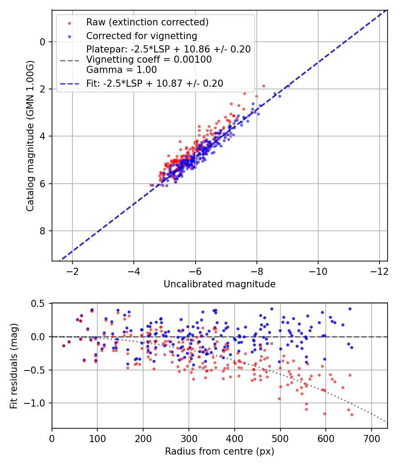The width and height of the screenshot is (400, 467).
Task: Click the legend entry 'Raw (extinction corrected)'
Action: (147, 22)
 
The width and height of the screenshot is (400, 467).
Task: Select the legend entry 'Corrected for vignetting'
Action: (141, 36)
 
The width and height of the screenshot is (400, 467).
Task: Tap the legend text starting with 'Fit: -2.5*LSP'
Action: (155, 83)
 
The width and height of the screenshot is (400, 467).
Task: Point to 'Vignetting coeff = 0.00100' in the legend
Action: (149, 60)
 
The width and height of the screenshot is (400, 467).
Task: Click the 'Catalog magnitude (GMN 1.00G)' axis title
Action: (30, 135)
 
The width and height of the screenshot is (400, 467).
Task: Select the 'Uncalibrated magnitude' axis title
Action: (220, 284)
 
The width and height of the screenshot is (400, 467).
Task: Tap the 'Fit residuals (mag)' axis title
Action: (14, 366)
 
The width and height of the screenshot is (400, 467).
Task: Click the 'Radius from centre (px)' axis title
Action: (220, 451)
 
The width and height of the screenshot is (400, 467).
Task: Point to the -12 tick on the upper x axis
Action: (379, 271)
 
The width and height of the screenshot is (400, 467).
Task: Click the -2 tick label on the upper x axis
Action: (72, 271)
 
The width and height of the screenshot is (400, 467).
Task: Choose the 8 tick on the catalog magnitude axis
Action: (43, 231)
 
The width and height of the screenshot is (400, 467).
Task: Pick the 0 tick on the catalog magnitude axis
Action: (43, 42)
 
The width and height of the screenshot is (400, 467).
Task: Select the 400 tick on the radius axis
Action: (235, 438)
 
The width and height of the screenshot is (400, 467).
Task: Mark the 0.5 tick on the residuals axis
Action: (37, 303)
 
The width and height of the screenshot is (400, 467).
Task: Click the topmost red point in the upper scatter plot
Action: (264, 86)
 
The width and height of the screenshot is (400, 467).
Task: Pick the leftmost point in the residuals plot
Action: (64, 346)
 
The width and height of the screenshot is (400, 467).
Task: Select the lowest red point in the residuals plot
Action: (352, 415)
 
